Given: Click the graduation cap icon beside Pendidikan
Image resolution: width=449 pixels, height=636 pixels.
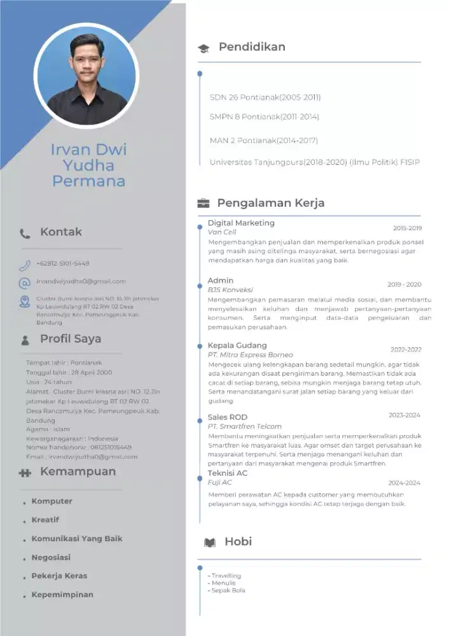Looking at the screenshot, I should (204, 48).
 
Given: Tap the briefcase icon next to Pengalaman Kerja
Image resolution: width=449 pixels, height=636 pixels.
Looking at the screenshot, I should (204, 204).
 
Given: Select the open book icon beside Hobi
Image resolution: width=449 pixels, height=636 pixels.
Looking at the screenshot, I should (210, 543).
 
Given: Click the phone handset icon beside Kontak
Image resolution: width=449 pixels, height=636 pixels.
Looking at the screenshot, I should (25, 233).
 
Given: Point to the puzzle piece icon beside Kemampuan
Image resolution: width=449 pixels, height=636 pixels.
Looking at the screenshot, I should (25, 473).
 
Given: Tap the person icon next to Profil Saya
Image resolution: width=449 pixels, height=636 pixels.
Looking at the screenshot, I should (25, 341).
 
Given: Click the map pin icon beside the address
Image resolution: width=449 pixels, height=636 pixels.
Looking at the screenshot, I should (25, 301).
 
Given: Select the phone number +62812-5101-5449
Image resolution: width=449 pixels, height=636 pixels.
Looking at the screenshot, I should (63, 263).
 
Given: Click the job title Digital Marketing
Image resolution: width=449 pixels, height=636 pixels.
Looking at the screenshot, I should (241, 223).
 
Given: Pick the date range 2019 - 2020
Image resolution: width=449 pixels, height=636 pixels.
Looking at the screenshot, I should (404, 285).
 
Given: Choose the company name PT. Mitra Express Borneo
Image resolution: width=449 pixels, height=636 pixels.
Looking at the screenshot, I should (251, 355).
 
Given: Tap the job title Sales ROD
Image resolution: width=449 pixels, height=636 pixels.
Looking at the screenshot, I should (227, 417).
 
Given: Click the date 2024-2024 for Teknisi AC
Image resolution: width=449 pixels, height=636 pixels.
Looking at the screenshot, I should (404, 483).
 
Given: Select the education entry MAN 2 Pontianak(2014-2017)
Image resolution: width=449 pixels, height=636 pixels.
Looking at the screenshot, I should (264, 141).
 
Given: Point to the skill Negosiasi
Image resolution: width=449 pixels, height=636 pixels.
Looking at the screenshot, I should (51, 558).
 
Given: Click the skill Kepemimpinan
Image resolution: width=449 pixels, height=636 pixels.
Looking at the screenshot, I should (62, 595).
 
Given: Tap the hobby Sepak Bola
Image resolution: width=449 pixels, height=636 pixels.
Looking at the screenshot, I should (228, 591).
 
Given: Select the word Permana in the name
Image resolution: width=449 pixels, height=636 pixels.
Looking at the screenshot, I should (89, 181).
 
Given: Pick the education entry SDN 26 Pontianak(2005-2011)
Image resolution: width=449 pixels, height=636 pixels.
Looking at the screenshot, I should (265, 98).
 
